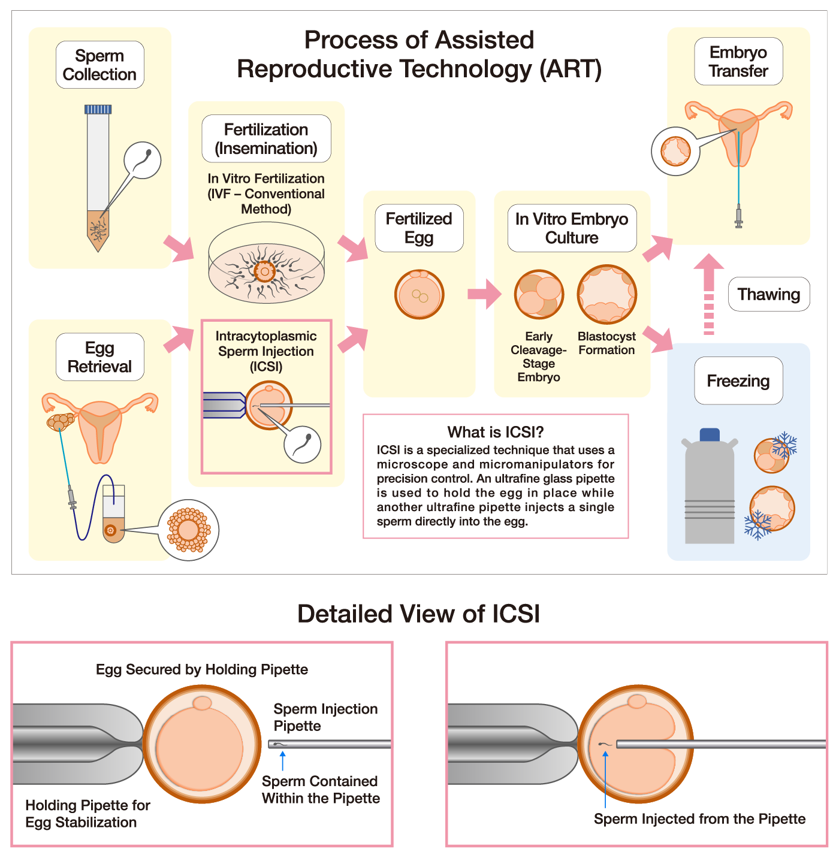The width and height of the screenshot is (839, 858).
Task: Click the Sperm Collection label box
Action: [99, 65]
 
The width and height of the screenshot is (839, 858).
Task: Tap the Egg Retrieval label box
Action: [99, 357]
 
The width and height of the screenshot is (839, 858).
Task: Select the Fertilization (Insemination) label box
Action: [266, 138]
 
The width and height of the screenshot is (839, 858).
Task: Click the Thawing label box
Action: [769, 294]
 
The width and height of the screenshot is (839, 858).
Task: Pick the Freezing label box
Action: [738, 381]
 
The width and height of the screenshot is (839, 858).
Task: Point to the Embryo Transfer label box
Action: [738, 62]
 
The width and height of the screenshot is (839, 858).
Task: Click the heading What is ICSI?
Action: [496, 432]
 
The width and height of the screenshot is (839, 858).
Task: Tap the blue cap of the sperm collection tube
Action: [98, 109]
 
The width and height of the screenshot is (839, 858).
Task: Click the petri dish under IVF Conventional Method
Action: [266, 264]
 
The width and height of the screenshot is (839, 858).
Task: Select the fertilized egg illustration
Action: [419, 294]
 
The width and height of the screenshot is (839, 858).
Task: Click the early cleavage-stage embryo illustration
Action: [539, 294]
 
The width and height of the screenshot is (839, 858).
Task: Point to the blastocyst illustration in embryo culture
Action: [606, 294]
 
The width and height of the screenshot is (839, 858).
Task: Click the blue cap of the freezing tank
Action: [710, 434]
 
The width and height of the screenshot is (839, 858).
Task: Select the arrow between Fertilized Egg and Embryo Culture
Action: [484, 294]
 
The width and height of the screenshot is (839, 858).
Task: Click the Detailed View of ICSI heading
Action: [418, 614]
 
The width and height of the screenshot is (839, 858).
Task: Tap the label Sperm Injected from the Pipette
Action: [699, 819]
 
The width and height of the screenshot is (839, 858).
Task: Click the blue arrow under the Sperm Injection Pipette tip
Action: [282, 760]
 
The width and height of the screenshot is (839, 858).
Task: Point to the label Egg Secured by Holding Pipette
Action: [202, 669]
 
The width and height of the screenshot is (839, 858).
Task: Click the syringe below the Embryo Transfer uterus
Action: [738, 216]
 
